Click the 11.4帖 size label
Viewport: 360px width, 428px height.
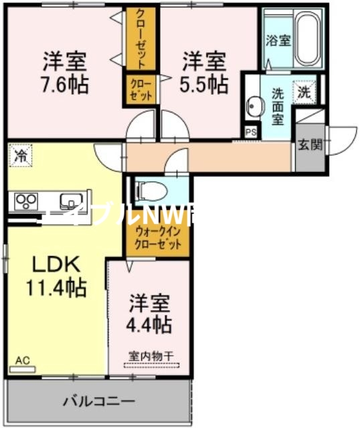click(x=56, y=288)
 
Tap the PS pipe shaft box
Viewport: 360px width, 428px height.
click(x=251, y=132)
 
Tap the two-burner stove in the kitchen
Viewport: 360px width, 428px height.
click(x=25, y=200)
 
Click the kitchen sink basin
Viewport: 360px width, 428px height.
click(x=68, y=201)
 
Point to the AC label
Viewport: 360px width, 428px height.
click(x=23, y=360)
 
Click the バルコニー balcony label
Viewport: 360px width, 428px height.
click(x=99, y=402)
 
